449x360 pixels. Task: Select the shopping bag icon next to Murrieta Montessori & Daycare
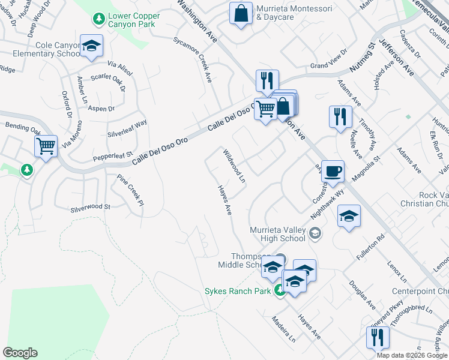point(241,14)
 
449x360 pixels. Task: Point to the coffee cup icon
point(333,172)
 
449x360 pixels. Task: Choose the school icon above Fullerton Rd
point(349,215)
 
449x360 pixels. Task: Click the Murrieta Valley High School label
point(278,234)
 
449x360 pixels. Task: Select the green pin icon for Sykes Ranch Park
point(280,291)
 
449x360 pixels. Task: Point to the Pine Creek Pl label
point(130,190)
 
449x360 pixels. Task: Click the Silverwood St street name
point(91,207)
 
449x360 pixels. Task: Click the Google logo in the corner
point(20,353)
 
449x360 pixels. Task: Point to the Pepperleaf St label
point(112,157)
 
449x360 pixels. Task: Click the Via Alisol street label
point(119,68)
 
